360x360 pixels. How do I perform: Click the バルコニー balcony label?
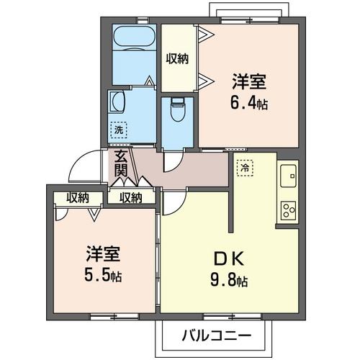[215, 336]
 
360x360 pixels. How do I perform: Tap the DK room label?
[230, 258]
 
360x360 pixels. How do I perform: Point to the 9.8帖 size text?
[230, 280]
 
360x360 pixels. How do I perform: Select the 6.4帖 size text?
[250, 104]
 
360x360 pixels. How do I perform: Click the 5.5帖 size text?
[103, 275]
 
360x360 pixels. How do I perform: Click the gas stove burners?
[288, 210]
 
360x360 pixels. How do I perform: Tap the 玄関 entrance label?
[121, 164]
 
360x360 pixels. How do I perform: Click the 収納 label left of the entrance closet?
[78, 197]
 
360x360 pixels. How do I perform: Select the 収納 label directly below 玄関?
[130, 197]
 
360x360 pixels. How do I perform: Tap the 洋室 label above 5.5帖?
[102, 254]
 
